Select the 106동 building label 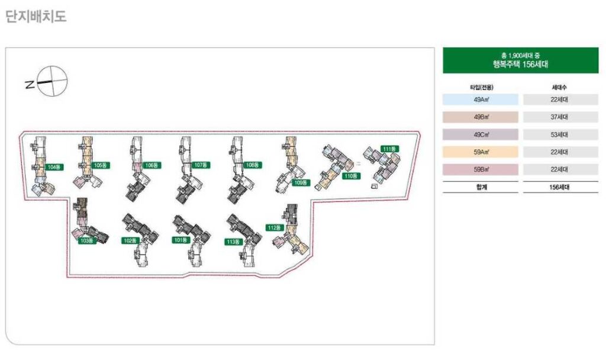152,165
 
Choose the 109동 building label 301,183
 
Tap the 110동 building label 351,176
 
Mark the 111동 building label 389,149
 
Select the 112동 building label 276,227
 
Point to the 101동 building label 180,240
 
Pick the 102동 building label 130,241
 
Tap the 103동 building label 87,241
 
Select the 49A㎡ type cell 480,100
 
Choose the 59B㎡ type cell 480,169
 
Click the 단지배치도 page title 36,17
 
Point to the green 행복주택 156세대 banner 520,60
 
